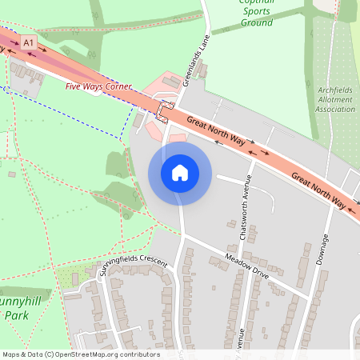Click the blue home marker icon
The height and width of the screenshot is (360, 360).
(x=180, y=172)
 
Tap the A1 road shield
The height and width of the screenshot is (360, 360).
(x=30, y=41)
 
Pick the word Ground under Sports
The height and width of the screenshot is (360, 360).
(x=257, y=23)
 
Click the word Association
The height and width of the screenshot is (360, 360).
(x=334, y=109)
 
